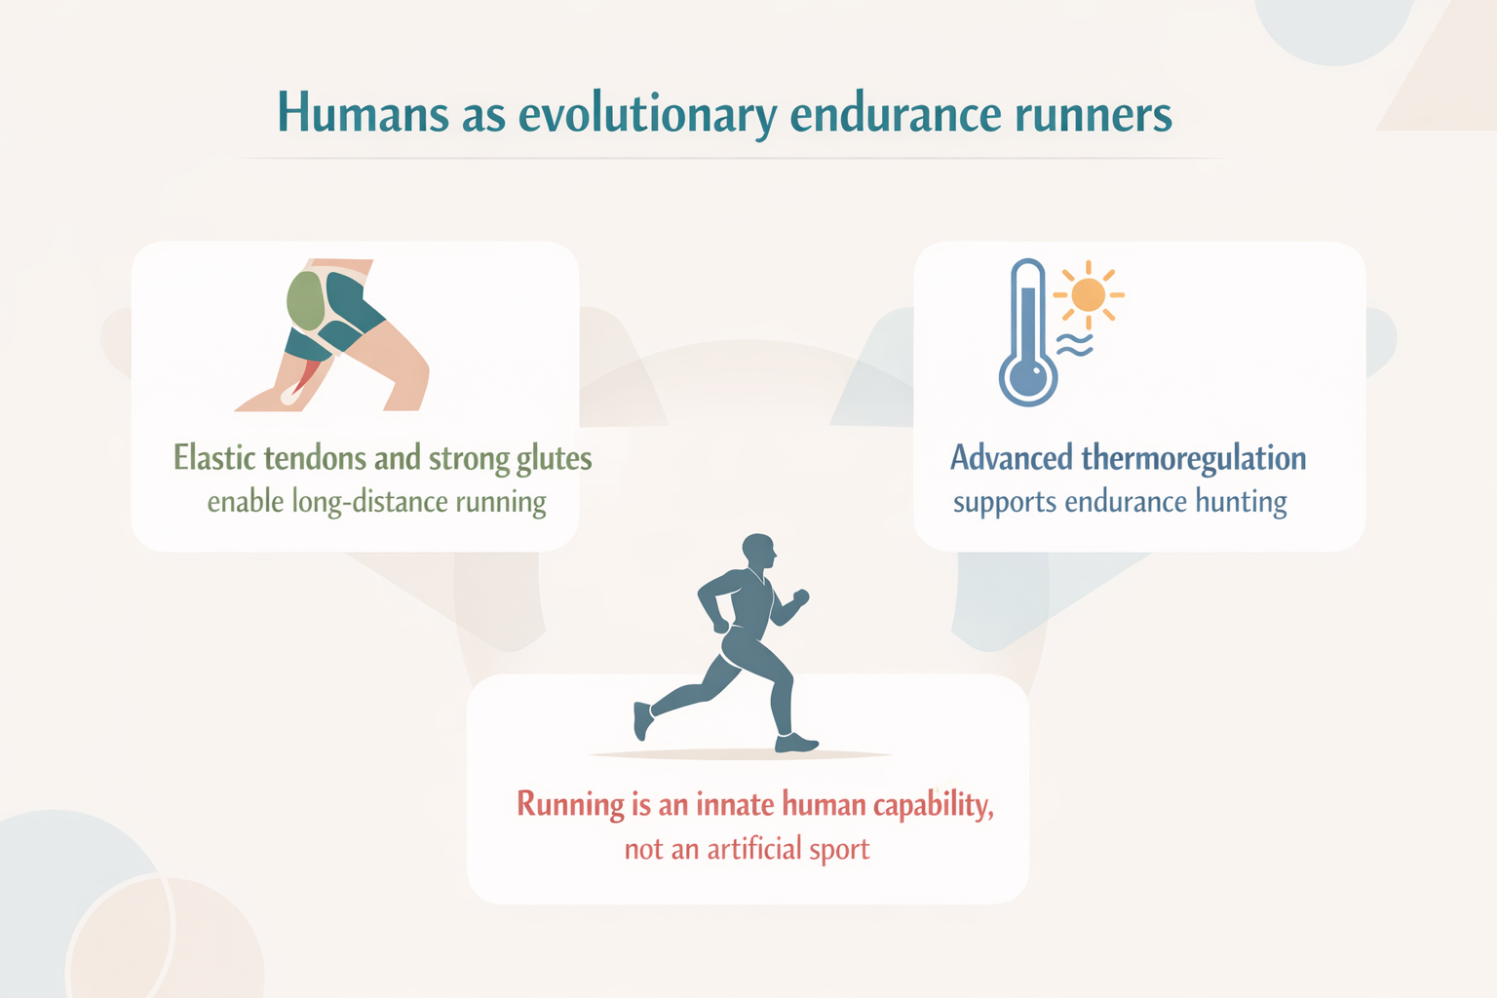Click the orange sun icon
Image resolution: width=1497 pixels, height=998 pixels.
tap(1088, 294)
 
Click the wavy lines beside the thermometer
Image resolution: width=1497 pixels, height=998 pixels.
tap(1074, 345)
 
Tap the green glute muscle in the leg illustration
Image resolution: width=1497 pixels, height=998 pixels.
tap(305, 301)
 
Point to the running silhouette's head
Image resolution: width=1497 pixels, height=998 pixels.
tap(759, 551)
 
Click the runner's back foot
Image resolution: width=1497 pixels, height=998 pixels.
tap(642, 720)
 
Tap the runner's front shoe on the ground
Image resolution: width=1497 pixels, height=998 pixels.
tap(795, 743)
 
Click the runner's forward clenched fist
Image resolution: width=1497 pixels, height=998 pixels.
tap(800, 596)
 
